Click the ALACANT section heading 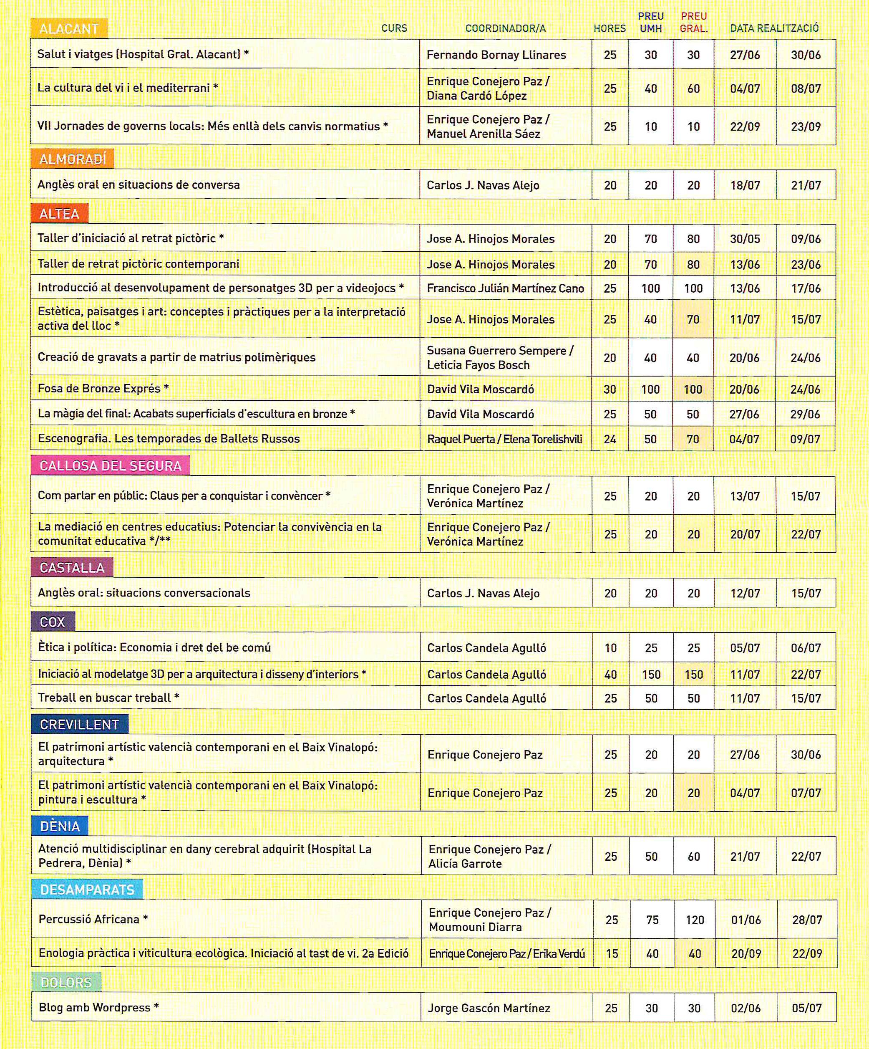pos(69,29)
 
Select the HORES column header pos(610,28)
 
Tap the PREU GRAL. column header pos(693,23)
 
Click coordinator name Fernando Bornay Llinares pos(496,55)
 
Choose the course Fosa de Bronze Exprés pos(99,389)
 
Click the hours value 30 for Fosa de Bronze pos(610,389)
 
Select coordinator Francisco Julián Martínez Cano pos(505,288)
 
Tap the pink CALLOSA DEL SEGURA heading pos(110,466)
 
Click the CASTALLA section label pos(72,568)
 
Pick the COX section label pos(53,622)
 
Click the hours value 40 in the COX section pos(610,675)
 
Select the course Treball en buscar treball pos(104,698)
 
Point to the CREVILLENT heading pos(79,724)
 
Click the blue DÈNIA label pos(60,826)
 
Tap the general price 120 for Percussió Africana pos(694,920)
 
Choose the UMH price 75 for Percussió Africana pos(652,920)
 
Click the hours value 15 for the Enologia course pos(612,953)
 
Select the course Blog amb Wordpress pos(94,1008)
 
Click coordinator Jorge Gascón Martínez pos(489,1008)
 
